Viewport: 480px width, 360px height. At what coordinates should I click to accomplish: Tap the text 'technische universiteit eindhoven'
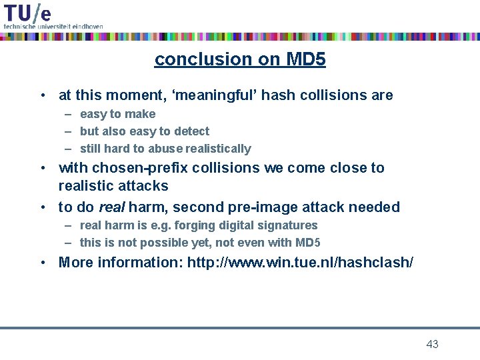(53, 26)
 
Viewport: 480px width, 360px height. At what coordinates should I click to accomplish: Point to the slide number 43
(432, 344)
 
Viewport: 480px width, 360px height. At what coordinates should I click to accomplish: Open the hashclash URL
(300, 263)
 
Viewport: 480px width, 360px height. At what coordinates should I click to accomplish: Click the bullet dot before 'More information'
(43, 263)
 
